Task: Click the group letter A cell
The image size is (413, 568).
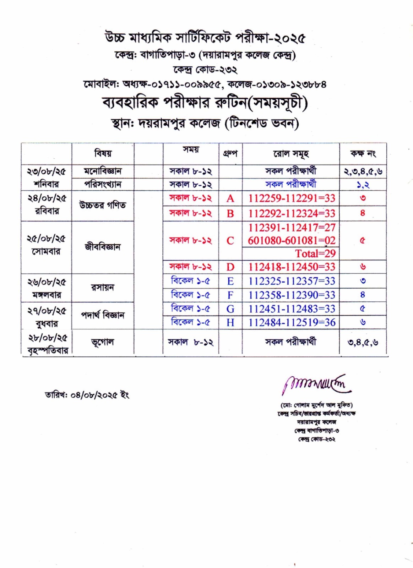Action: click(230, 198)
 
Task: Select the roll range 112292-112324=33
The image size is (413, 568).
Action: click(292, 213)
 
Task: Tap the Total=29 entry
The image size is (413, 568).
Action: click(315, 253)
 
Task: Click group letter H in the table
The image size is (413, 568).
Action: click(230, 322)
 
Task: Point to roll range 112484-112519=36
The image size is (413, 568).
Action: click(292, 322)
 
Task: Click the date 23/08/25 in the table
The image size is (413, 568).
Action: click(47, 171)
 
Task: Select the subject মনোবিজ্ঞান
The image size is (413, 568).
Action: click(103, 171)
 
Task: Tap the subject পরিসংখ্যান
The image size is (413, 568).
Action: click(103, 184)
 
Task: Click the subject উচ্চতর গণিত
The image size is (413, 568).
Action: click(102, 206)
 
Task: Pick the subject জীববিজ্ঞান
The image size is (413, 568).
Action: click(102, 247)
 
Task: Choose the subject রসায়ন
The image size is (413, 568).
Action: click(102, 287)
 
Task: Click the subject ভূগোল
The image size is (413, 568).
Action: click(102, 342)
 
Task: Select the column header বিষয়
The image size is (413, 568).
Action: click(103, 153)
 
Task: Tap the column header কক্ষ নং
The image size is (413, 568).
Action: click(363, 154)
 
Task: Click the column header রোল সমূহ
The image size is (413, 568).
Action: click(291, 154)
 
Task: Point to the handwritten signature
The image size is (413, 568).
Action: click(316, 384)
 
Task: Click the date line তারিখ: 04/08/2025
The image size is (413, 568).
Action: click(87, 395)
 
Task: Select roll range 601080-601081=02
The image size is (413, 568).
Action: click(292, 240)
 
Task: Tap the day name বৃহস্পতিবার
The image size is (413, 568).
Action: click(48, 351)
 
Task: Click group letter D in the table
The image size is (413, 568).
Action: click(230, 267)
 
